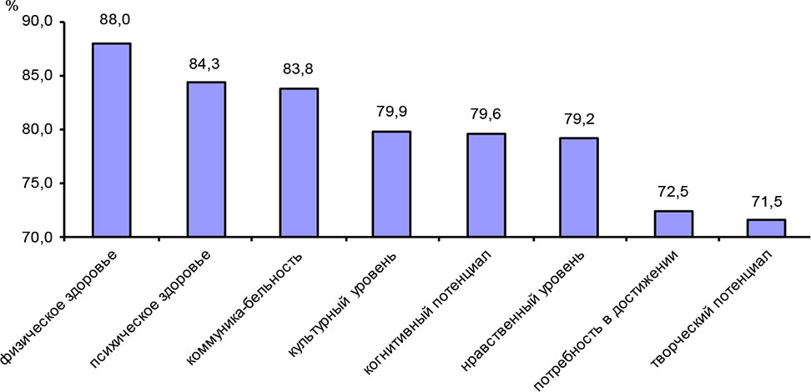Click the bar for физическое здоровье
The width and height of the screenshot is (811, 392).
click(x=111, y=140)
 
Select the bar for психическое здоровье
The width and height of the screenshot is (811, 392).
click(x=205, y=159)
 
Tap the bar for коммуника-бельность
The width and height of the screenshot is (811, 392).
click(x=298, y=163)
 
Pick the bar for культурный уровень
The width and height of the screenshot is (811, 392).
click(x=392, y=184)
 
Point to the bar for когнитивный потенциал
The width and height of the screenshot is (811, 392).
click(x=486, y=185)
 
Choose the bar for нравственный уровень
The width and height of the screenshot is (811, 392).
click(x=579, y=187)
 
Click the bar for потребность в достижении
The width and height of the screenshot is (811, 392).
click(x=673, y=224)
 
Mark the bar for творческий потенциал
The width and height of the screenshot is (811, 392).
click(x=767, y=229)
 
